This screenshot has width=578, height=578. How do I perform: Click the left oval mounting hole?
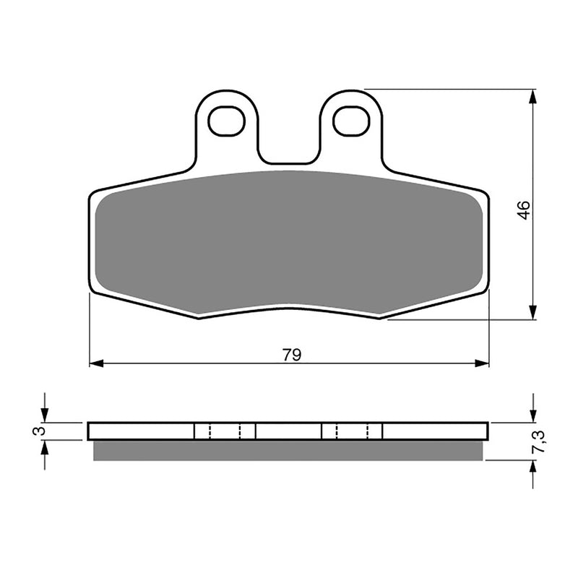coord(227,121)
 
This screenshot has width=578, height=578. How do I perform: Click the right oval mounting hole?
coord(351,121)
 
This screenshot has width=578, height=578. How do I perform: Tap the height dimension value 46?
coord(524,210)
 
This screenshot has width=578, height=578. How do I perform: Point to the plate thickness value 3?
coord(40,431)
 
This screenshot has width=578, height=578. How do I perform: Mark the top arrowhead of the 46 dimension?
coord(533,97)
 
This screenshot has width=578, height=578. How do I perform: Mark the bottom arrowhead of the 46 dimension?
coord(533,312)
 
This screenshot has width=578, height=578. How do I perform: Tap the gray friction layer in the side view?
coord(289,450)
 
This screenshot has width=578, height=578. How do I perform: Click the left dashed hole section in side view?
coord(225,431)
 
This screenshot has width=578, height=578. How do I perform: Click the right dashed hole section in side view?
coord(352,431)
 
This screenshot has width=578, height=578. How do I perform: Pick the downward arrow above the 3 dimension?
coord(45,414)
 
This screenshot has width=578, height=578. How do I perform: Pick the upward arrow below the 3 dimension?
coord(45,449)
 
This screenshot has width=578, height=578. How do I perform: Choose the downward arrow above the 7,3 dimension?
coord(533,414)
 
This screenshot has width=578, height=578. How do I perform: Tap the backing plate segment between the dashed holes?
coord(288,431)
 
